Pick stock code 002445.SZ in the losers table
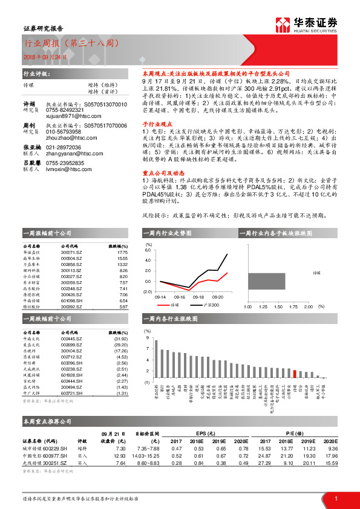coord(73,338)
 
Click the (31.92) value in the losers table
coord(120,338)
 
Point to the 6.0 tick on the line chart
coord(149,249)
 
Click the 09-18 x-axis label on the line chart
coord(197,298)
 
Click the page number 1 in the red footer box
coord(335,498)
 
